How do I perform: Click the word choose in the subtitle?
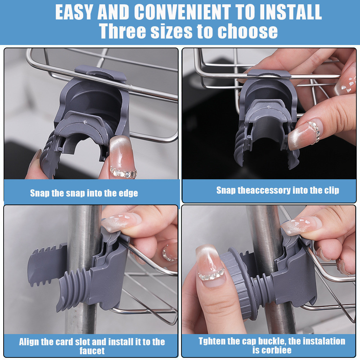[248, 31]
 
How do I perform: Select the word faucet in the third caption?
[92, 351]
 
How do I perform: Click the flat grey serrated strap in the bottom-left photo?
[47, 265]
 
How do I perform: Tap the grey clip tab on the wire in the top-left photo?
[100, 73]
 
